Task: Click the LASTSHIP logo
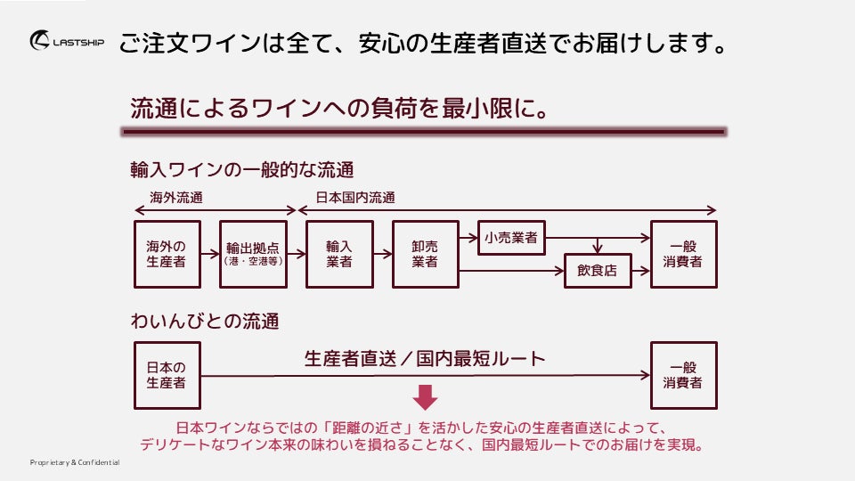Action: (67, 41)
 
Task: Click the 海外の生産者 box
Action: (167, 254)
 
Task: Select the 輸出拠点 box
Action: (253, 254)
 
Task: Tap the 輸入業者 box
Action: (339, 254)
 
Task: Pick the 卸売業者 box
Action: (425, 254)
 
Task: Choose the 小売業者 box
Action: (511, 238)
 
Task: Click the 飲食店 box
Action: (597, 271)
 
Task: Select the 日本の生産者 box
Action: (167, 375)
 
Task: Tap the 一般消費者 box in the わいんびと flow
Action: (683, 375)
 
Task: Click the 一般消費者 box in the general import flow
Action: (683, 254)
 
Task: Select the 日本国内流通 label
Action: (355, 197)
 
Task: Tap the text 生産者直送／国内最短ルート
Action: (424, 359)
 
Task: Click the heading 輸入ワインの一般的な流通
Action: (242, 169)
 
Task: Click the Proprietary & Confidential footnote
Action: (75, 463)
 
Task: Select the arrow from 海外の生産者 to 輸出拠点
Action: (209, 254)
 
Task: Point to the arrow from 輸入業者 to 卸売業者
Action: (382, 254)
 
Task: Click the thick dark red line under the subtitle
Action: (423, 132)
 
